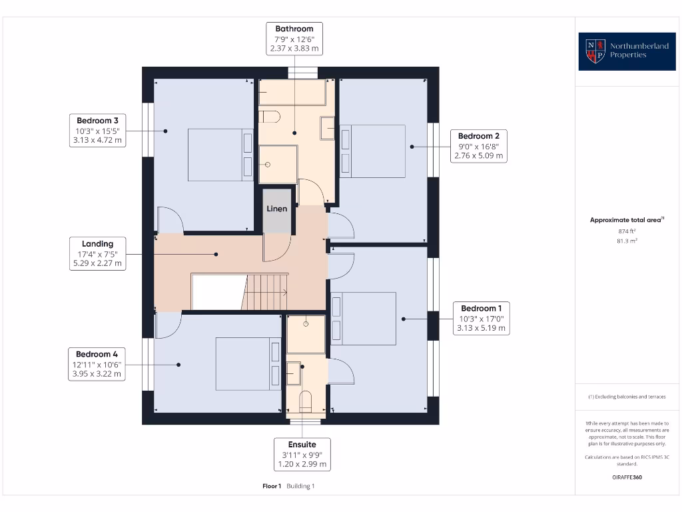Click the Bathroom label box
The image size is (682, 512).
(x=294, y=39)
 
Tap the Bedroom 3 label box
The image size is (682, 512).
(x=97, y=130)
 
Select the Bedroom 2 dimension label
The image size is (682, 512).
(x=479, y=146)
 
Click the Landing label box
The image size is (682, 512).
(x=98, y=253)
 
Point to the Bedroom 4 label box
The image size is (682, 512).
(x=97, y=363)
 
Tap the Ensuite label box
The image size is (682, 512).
(x=302, y=454)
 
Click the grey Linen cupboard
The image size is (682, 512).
(x=277, y=211)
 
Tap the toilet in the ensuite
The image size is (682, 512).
(x=306, y=402)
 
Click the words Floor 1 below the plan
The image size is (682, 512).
(x=272, y=486)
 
